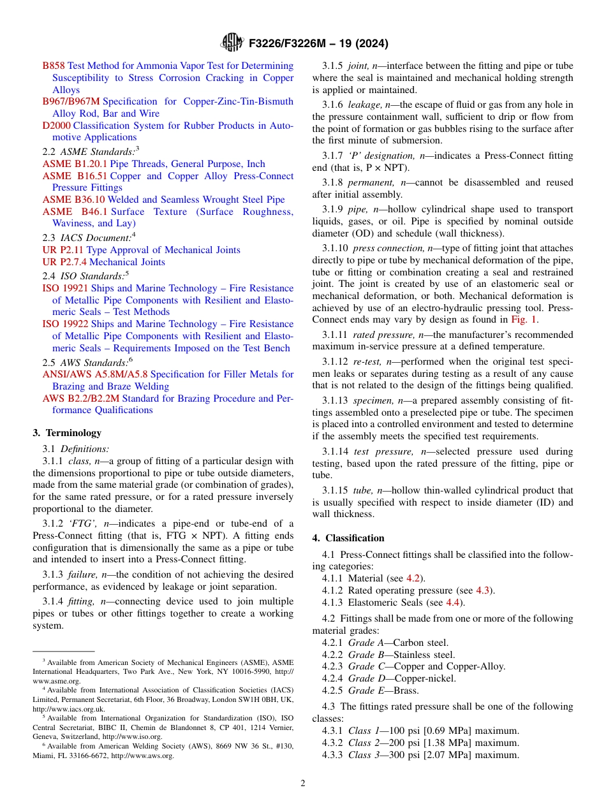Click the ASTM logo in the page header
[x=232, y=43]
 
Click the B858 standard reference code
[x=54, y=66]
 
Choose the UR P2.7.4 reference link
[x=63, y=262]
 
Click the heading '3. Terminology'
[x=67, y=433]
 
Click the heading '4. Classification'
[x=348, y=538]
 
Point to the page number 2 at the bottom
[x=303, y=784]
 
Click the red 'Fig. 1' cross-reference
[x=524, y=319]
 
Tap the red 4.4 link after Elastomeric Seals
[x=452, y=603]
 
